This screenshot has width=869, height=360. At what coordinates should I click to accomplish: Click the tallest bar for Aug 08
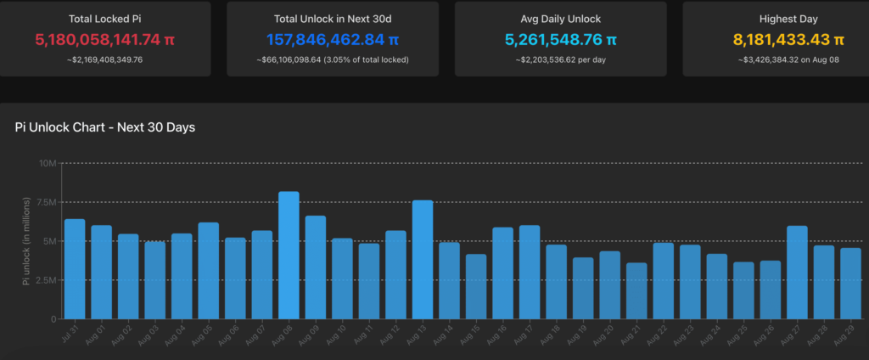pos(289,255)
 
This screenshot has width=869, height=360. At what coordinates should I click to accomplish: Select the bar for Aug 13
pos(423,259)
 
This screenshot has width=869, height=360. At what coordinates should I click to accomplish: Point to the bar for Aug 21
pos(636,290)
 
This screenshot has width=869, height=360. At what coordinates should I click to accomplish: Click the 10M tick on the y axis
pos(47,163)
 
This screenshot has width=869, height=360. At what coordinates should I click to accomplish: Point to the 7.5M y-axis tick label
pos(45,202)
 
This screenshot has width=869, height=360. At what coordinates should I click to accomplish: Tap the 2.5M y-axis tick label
pos(45,280)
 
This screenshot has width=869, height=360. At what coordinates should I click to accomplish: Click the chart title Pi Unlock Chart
pos(106,127)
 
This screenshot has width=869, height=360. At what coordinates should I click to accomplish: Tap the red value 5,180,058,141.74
pos(104,39)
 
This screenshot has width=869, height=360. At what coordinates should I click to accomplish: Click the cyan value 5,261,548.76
pos(561,39)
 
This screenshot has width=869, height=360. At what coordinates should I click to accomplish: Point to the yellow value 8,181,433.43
pos(788,39)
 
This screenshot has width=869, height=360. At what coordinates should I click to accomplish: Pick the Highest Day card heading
pos(788,18)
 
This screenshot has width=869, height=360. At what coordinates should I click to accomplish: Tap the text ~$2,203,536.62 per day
pos(561,59)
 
